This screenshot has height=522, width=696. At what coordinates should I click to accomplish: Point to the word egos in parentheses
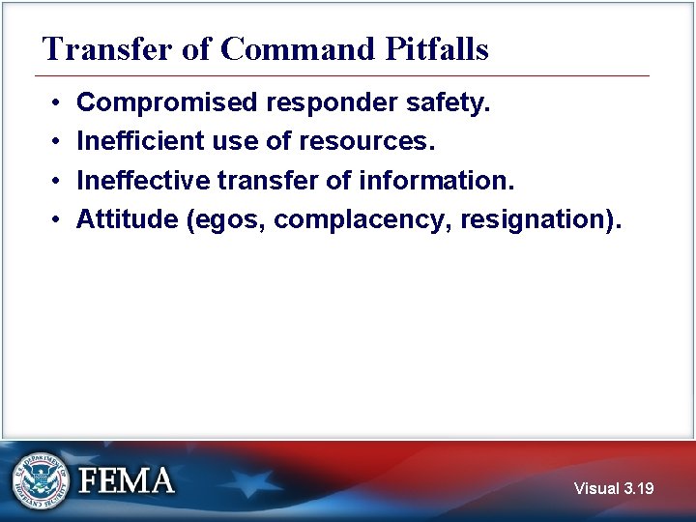[228, 220]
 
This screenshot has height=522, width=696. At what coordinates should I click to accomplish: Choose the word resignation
[535, 220]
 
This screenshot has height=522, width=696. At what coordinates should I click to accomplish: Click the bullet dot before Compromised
[57, 102]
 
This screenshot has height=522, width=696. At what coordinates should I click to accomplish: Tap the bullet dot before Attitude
[57, 220]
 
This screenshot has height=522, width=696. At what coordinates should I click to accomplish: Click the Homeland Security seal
[41, 480]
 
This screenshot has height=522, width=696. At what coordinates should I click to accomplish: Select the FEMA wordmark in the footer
[128, 480]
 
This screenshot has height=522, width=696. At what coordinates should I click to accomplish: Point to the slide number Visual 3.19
[613, 488]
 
